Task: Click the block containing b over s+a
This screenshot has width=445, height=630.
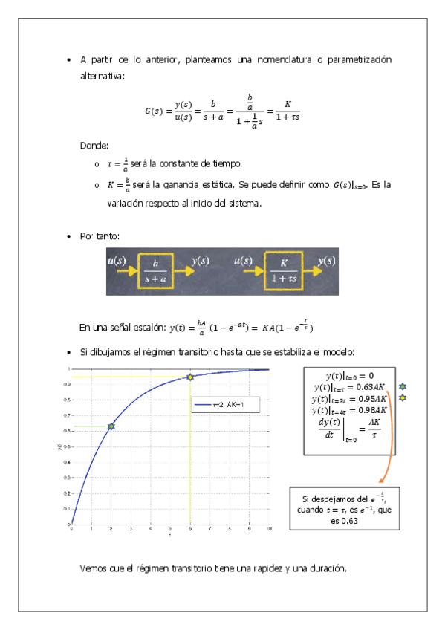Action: (x=155, y=270)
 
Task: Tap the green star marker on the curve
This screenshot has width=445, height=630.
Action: (x=111, y=426)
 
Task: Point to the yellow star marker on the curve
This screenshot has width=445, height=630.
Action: (x=190, y=377)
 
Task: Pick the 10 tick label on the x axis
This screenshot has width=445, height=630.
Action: (x=269, y=529)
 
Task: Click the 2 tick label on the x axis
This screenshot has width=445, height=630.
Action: (x=111, y=529)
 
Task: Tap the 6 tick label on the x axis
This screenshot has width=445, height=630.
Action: (x=190, y=529)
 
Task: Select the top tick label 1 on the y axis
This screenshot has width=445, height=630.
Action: (x=68, y=369)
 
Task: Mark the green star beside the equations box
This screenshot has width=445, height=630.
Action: (x=403, y=387)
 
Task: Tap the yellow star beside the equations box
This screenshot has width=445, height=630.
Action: (x=403, y=398)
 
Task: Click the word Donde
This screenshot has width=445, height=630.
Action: (x=94, y=146)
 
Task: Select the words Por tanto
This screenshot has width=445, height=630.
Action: (x=99, y=236)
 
